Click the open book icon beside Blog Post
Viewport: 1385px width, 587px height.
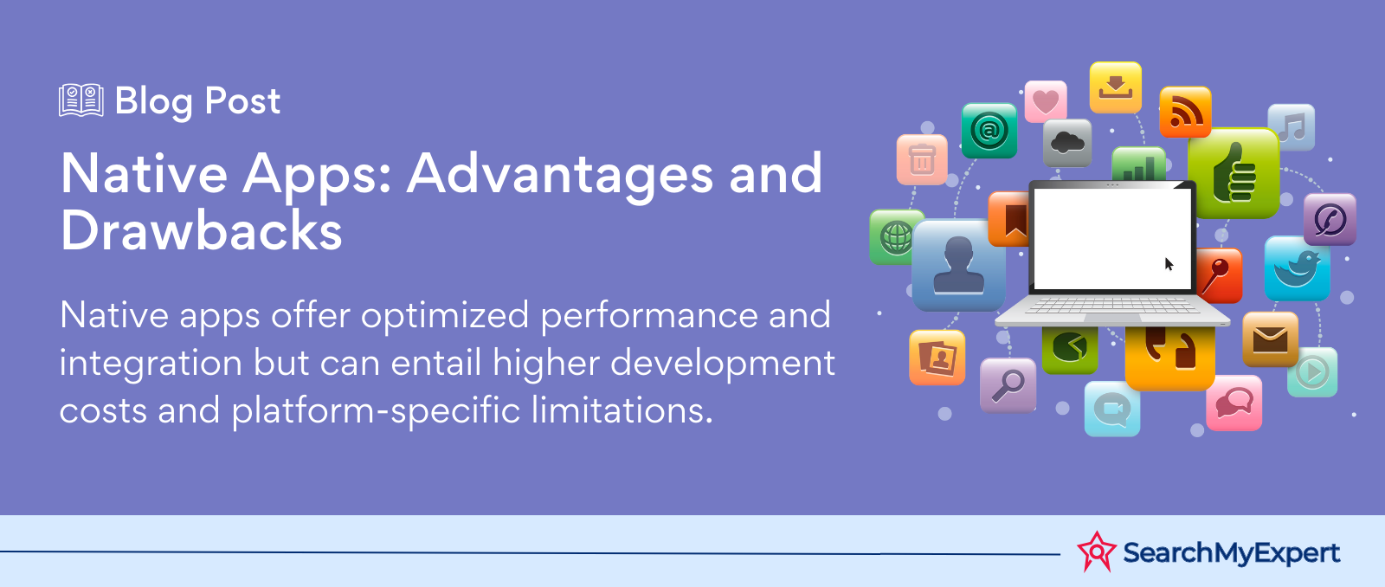click(81, 100)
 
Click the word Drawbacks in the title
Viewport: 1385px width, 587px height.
click(202, 231)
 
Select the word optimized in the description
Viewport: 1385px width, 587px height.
click(445, 316)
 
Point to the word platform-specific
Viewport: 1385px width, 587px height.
click(376, 410)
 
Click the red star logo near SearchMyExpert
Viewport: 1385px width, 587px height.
click(1096, 552)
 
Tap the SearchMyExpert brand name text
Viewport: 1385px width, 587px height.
click(1231, 552)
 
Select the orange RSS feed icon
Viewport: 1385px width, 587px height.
click(1185, 113)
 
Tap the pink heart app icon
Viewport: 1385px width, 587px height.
click(1046, 101)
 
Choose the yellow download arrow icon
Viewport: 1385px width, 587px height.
click(1115, 87)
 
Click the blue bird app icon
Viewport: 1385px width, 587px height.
click(1296, 268)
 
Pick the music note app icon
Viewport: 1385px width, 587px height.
click(1291, 127)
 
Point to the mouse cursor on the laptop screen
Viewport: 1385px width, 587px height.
click(1169, 264)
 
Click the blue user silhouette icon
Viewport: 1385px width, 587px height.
click(958, 265)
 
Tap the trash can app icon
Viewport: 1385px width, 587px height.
click(922, 159)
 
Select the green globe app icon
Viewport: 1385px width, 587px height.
click(895, 236)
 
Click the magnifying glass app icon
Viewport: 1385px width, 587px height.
click(1008, 384)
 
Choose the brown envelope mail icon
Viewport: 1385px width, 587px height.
click(1270, 339)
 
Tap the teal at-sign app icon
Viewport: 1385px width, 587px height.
click(989, 131)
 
